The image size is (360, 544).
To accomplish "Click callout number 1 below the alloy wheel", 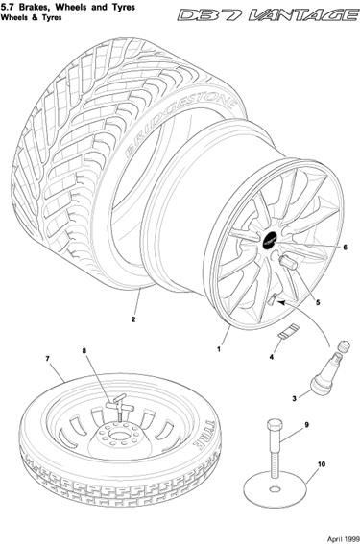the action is tap(219, 349).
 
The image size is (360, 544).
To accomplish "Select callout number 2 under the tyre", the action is tap(133, 319).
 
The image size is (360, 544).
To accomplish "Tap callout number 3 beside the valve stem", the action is tap(294, 398).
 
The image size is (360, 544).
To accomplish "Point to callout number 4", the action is tap(272, 356).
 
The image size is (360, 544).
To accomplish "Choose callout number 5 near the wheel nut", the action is tap(318, 302).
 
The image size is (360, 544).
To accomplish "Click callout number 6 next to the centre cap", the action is tap(345, 248).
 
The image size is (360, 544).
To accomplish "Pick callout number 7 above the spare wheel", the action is tap(48, 359).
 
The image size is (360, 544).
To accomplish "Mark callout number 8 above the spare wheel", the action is tap(84, 350).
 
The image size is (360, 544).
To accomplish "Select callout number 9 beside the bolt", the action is tap(306, 425).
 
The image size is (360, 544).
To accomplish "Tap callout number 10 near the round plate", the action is tap(322, 463).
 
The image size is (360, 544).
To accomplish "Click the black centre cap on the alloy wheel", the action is tap(269, 240).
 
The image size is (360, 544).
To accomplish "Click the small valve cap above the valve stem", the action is tap(344, 345).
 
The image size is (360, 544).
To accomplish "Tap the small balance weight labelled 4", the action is tap(289, 331).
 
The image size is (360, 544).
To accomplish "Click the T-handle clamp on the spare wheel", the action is tap(117, 406).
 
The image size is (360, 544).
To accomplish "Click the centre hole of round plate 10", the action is tap(276, 489).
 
